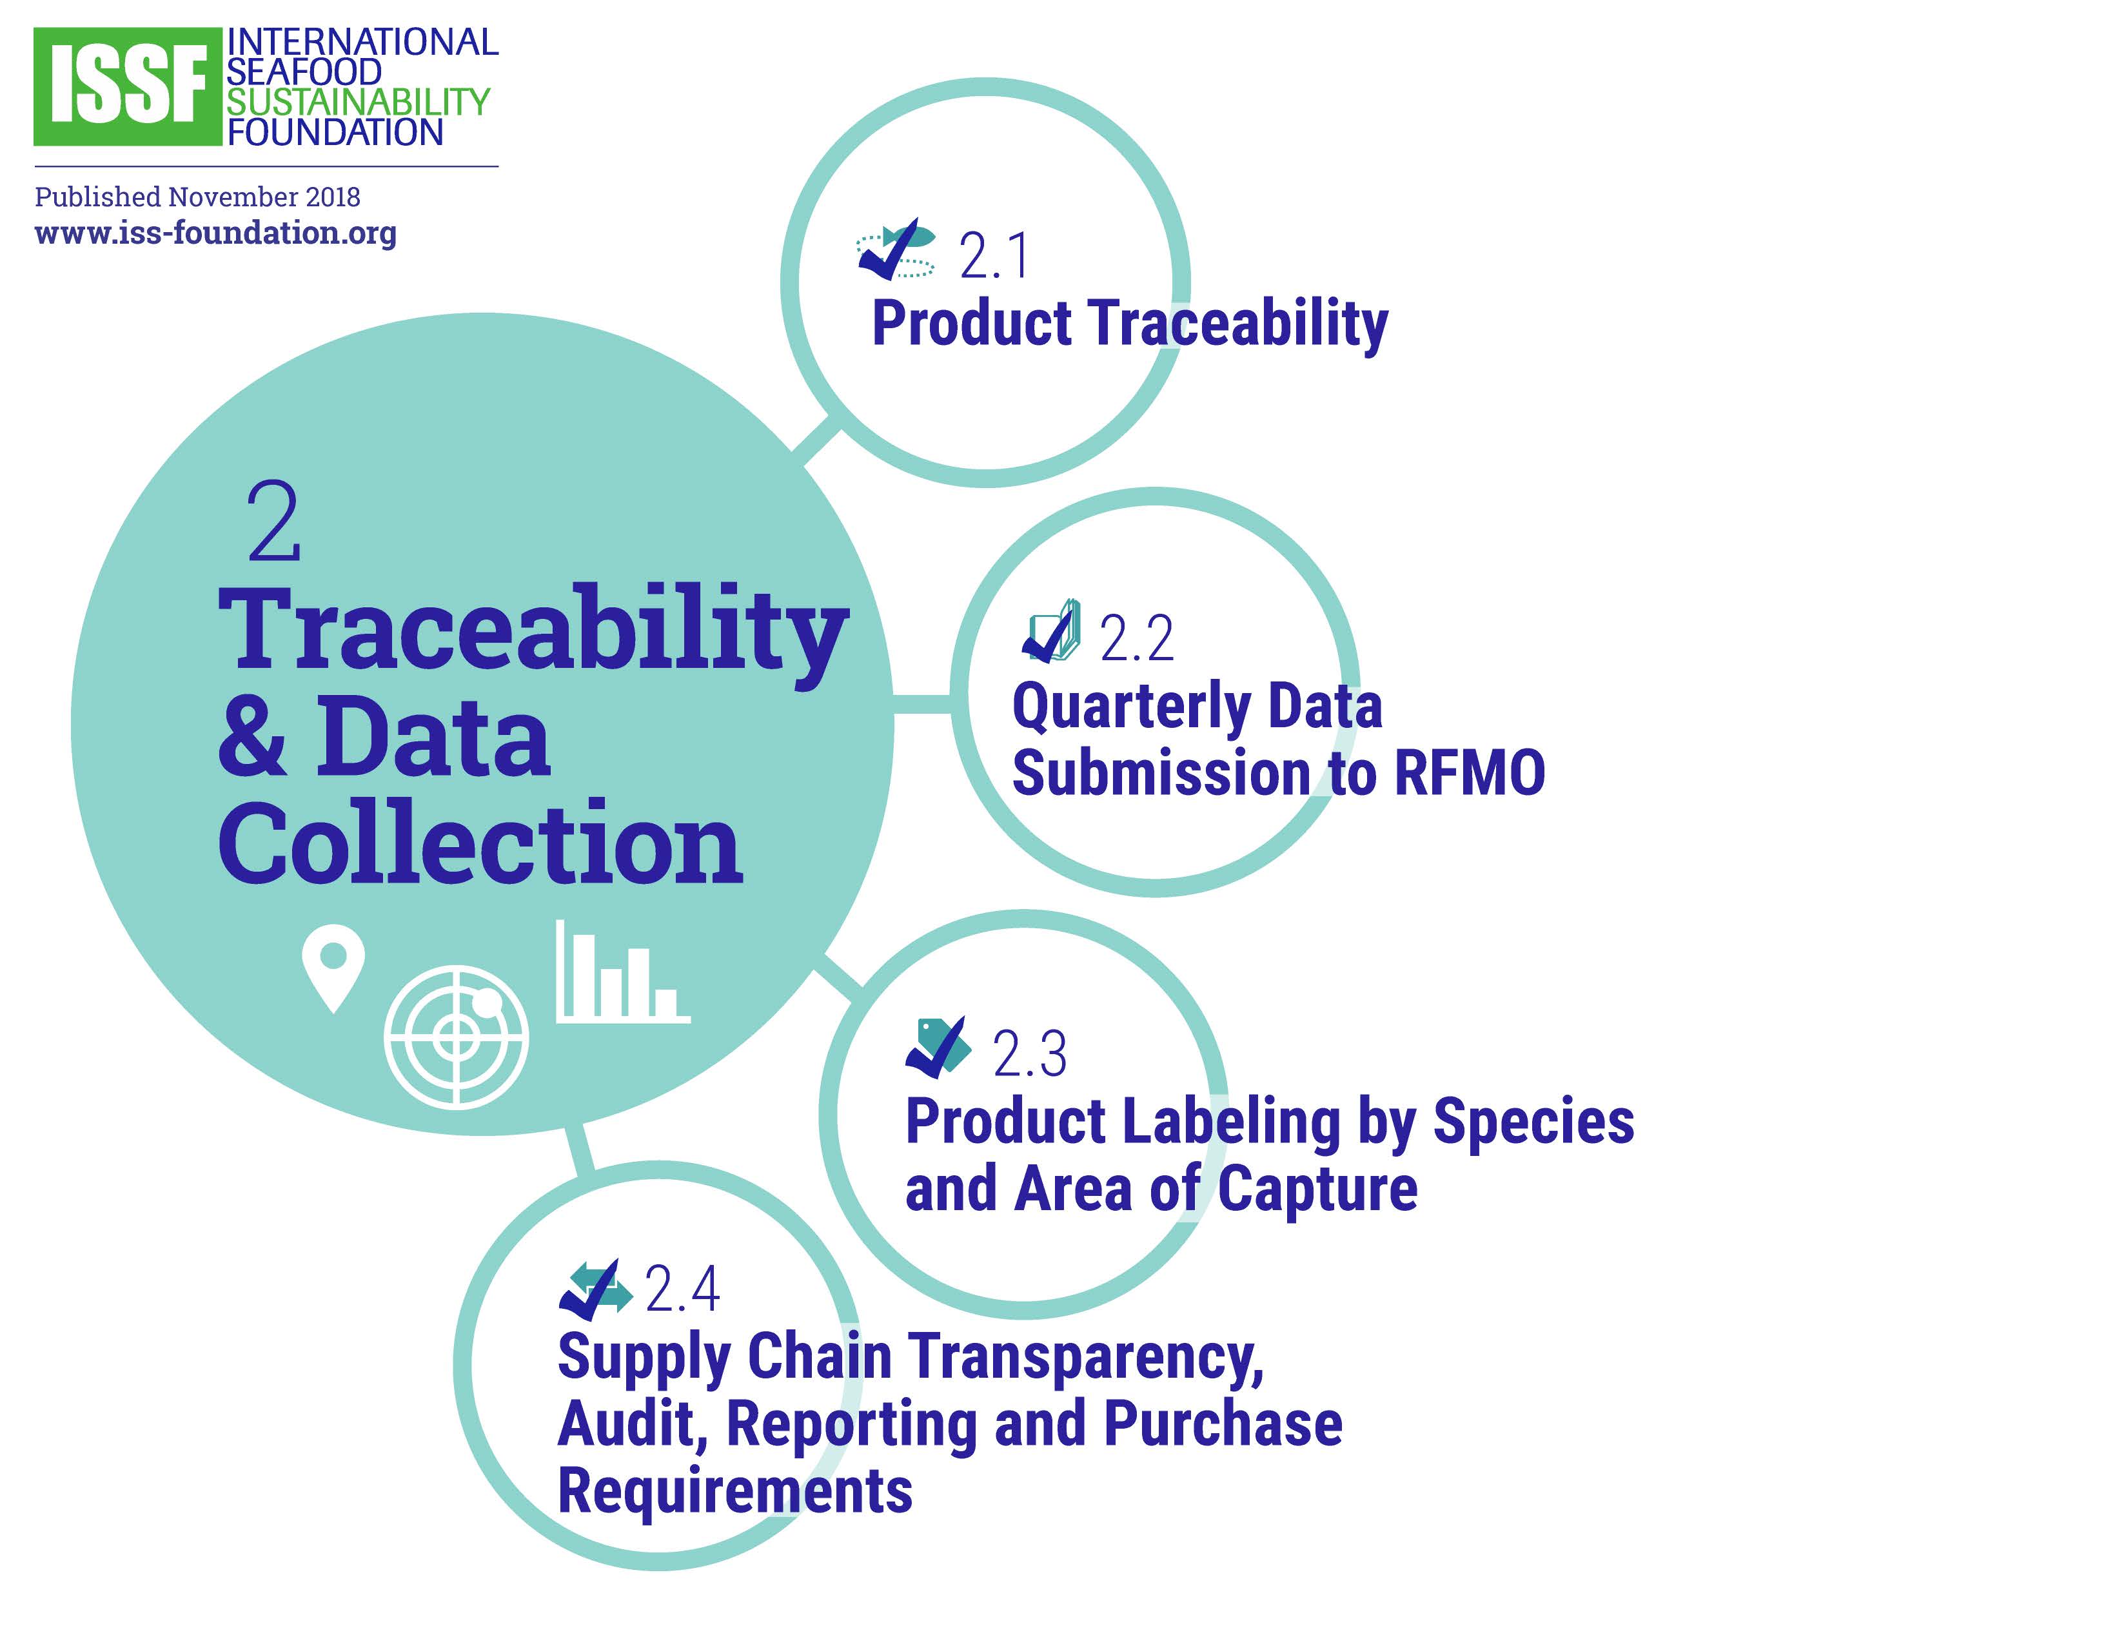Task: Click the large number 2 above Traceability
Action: coord(274,522)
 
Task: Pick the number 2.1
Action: coord(994,256)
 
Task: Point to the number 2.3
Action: coord(1030,1054)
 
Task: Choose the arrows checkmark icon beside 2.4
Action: coord(595,1291)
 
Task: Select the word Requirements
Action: coord(734,1491)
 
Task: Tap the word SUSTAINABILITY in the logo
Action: coord(359,101)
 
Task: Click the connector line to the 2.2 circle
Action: coord(923,704)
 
